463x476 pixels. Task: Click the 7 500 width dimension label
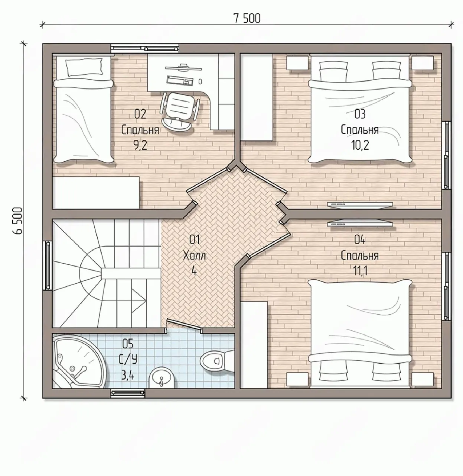point(247,19)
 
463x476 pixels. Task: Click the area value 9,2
point(140,145)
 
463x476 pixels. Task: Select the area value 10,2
point(360,145)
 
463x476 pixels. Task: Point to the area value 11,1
point(360,271)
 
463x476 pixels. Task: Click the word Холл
point(194,256)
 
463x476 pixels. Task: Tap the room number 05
point(128,344)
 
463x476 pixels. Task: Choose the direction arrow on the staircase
point(139,300)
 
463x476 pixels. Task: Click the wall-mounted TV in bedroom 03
point(360,205)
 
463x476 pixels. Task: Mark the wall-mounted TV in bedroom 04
point(360,223)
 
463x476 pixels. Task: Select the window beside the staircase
point(48,266)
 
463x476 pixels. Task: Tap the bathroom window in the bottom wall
point(127,393)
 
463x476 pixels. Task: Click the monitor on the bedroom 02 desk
point(184,68)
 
